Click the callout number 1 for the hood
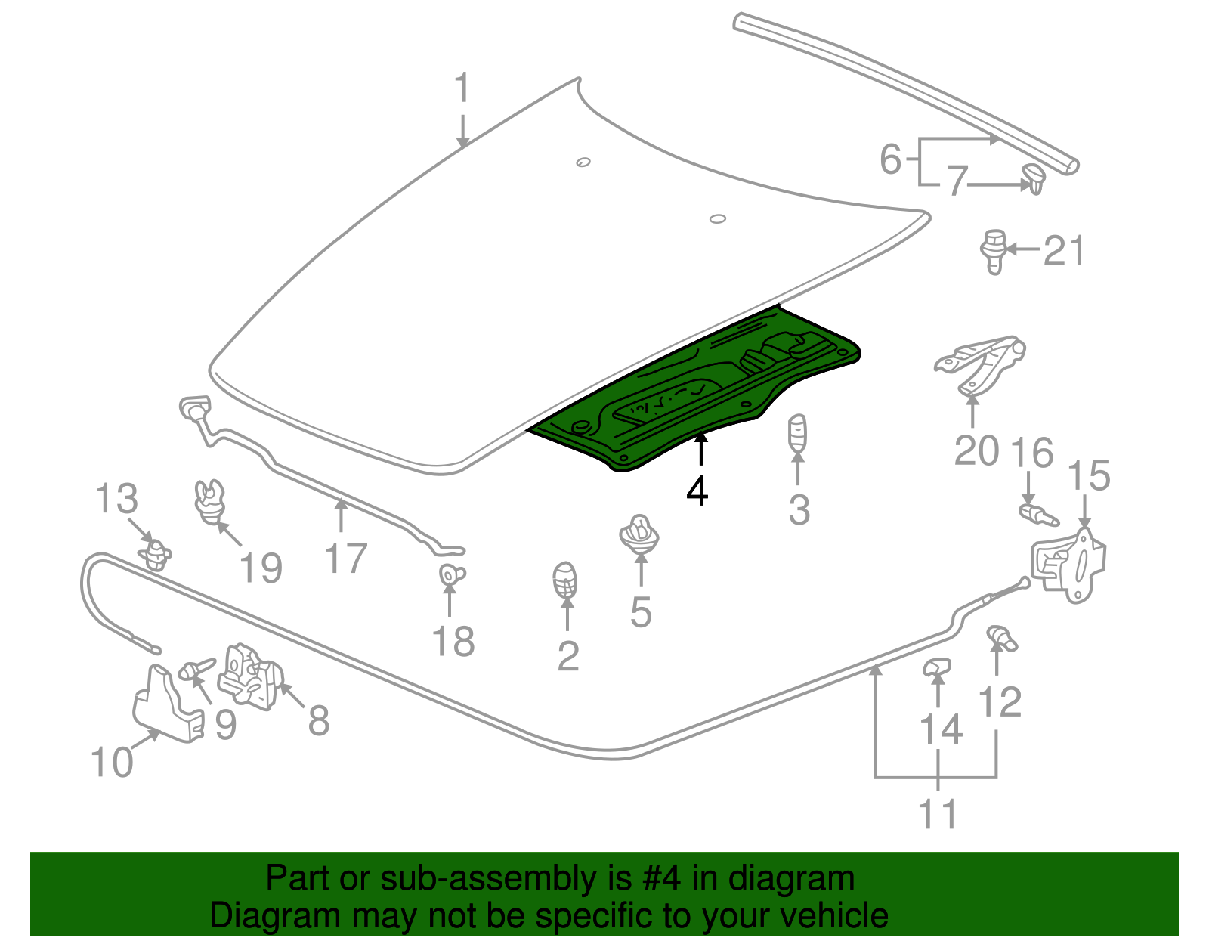point(462,89)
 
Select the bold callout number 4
point(697,491)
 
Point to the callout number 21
point(1064,251)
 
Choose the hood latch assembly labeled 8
point(251,677)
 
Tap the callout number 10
point(112,762)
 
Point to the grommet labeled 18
point(451,575)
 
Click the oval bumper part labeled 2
point(566,580)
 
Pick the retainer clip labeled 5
point(639,534)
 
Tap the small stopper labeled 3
point(798,432)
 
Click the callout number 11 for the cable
point(938,815)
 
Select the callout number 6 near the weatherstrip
point(891,159)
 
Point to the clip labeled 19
point(209,501)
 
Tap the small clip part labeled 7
point(1033,177)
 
